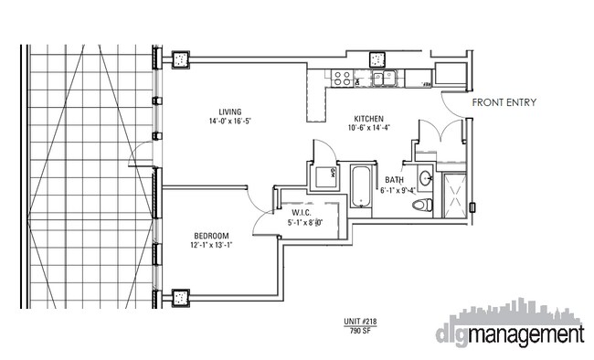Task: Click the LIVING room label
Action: click(230, 111)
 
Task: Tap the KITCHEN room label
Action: click(368, 119)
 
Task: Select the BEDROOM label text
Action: click(211, 236)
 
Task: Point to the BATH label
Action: click(395, 180)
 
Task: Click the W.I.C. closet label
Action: click(302, 213)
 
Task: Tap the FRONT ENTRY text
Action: click(504, 102)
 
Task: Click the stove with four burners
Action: click(342, 79)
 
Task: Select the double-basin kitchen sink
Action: click(384, 79)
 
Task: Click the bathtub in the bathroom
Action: click(361, 186)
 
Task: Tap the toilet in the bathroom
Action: click(422, 205)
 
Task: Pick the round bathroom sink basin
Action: click(426, 177)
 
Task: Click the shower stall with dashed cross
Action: click(454, 196)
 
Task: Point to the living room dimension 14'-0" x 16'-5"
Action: click(230, 122)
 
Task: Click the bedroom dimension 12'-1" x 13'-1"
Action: click(211, 245)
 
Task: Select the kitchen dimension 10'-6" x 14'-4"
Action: click(369, 128)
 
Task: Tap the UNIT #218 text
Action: click(360, 322)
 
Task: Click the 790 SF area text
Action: click(360, 331)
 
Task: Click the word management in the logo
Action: click(525, 335)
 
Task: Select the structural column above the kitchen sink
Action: click(377, 59)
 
